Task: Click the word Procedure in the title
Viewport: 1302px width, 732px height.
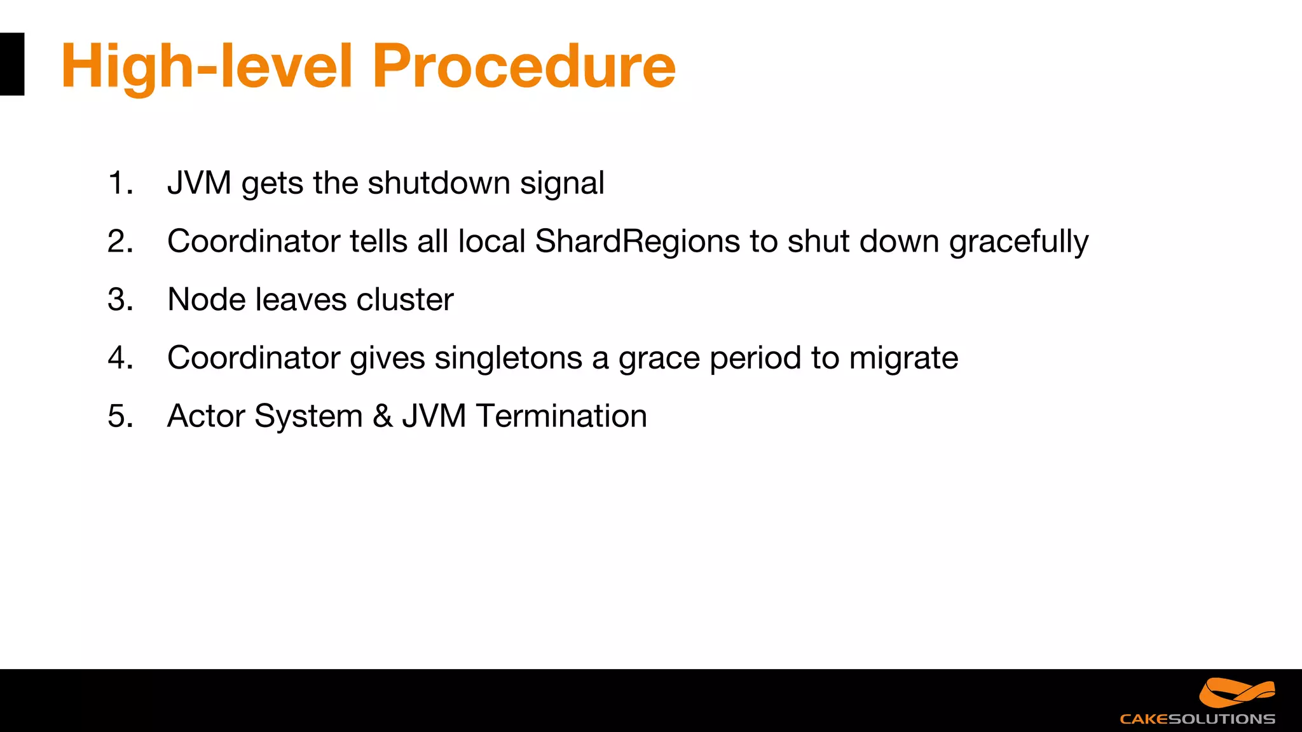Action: coord(523,67)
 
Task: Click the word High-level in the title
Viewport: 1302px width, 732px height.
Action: coord(207,67)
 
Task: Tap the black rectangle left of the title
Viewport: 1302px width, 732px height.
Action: coord(11,64)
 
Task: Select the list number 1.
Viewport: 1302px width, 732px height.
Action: coord(120,183)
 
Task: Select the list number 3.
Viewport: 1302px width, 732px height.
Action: coord(120,299)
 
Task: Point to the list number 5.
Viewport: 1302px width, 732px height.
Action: coord(120,416)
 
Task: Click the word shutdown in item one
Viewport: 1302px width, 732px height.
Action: coord(439,183)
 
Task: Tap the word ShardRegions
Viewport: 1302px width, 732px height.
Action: coord(638,241)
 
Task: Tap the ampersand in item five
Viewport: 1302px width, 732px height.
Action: coord(382,416)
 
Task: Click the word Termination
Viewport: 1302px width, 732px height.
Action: coord(561,416)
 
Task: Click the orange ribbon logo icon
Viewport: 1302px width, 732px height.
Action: coord(1237,693)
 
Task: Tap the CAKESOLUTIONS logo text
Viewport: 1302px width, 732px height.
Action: coord(1197,719)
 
